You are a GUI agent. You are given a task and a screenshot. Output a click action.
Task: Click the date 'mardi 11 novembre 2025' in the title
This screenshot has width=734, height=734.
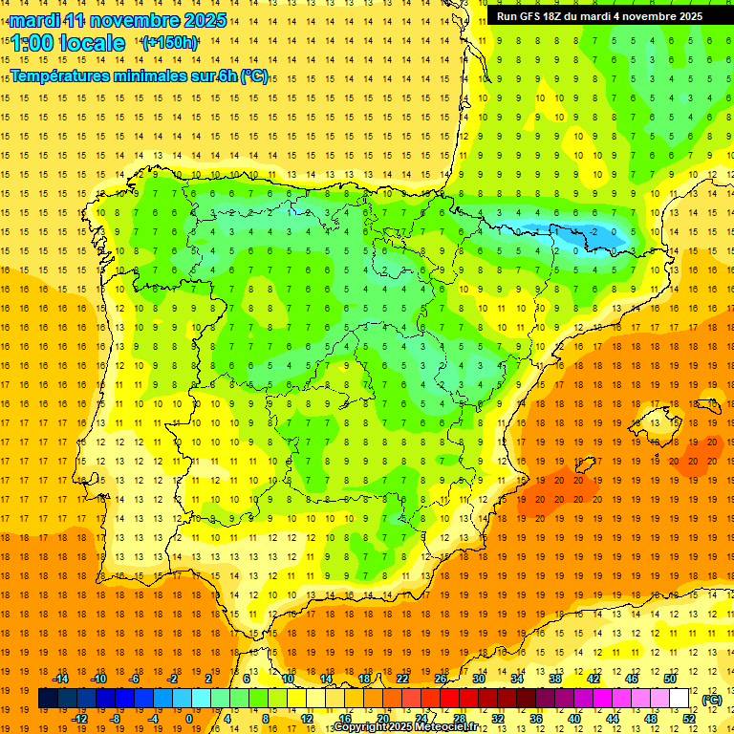pos(118,20)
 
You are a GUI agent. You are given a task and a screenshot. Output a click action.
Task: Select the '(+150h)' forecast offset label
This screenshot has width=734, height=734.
pos(170,43)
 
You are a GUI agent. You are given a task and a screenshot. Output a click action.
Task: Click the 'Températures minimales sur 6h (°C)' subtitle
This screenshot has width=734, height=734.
pos(139,76)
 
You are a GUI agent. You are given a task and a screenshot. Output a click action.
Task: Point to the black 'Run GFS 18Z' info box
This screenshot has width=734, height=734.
pos(599,16)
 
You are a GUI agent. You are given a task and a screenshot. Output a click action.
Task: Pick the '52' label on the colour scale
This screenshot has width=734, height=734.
pos(690,719)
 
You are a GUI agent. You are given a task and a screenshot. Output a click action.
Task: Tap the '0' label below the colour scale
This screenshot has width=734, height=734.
pos(189,719)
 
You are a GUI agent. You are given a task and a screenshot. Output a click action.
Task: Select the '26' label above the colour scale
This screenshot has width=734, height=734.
pos(441,679)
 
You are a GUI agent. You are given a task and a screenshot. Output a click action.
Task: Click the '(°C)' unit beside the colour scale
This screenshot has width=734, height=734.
pos(711,700)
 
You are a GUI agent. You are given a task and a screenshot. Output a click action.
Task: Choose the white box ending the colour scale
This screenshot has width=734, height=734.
pos(679,699)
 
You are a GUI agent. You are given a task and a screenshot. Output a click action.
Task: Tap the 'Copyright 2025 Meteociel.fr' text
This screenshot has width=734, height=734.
pos(405,727)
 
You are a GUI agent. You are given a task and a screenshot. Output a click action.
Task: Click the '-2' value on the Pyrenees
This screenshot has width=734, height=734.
pos(594,231)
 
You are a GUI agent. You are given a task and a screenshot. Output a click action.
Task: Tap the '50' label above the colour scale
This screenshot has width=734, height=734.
pos(670,679)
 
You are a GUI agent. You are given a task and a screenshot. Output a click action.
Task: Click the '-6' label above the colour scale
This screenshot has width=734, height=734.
pos(135,679)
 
